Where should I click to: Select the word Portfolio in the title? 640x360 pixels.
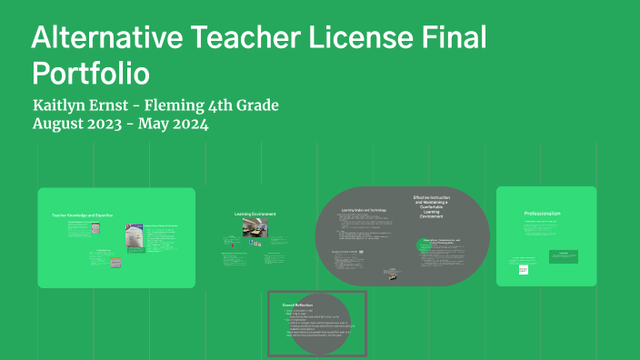91,72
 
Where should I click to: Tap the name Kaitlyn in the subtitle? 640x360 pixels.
65,105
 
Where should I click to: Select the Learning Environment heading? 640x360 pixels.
255,215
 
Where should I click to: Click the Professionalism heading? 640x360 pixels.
543,213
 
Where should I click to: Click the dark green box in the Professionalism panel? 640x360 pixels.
563,255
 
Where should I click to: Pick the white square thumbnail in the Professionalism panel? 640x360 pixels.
524,269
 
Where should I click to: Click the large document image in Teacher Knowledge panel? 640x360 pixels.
134,233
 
